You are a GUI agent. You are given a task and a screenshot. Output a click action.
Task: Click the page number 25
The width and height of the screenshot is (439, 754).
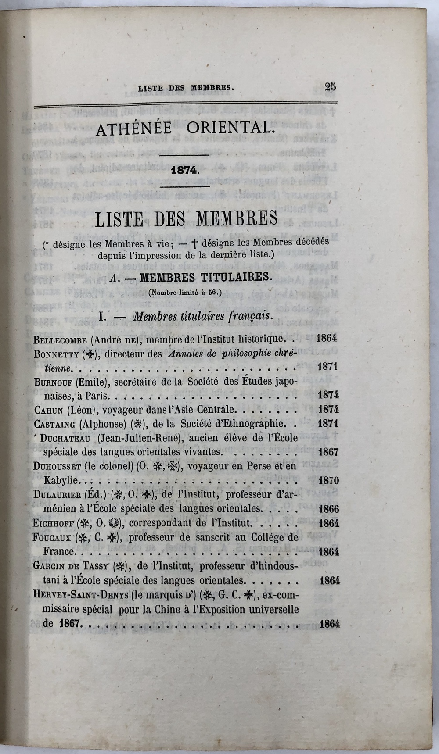point(331,86)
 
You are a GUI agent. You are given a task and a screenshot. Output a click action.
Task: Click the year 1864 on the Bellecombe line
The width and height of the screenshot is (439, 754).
point(326,338)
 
